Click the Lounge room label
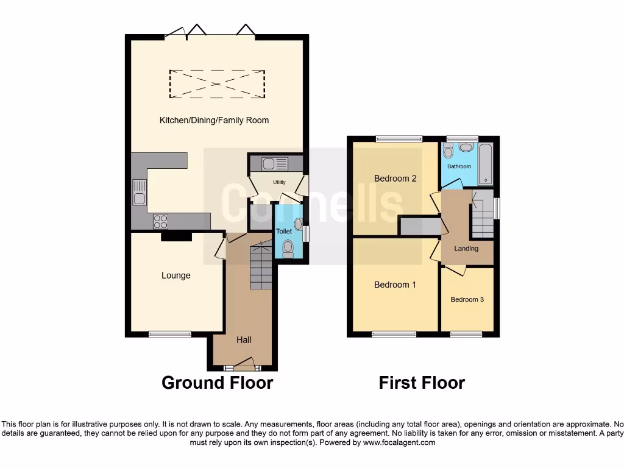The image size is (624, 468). pyautogui.click(x=175, y=275)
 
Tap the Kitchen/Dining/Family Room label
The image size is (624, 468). pyautogui.click(x=214, y=120)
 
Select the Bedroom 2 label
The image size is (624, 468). pyautogui.click(x=395, y=179)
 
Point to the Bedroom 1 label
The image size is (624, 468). pyautogui.click(x=395, y=285)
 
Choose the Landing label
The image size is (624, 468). pyautogui.click(x=466, y=249)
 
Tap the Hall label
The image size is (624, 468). pyautogui.click(x=244, y=340)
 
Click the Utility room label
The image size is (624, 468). pyautogui.click(x=279, y=182)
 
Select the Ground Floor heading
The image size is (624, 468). pyautogui.click(x=217, y=383)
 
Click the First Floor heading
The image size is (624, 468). pyautogui.click(x=422, y=383)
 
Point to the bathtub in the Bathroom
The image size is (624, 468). pyautogui.click(x=485, y=164)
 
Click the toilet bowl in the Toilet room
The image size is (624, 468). pyautogui.click(x=288, y=247)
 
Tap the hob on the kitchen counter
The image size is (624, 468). pyautogui.click(x=160, y=221)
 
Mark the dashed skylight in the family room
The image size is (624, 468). pyautogui.click(x=217, y=83)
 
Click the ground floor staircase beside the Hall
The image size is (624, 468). pyautogui.click(x=261, y=266)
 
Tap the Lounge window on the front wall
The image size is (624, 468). pyautogui.click(x=170, y=334)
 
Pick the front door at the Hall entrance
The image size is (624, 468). pyautogui.click(x=243, y=367)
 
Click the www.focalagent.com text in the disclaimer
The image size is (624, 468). pyautogui.click(x=399, y=442)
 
